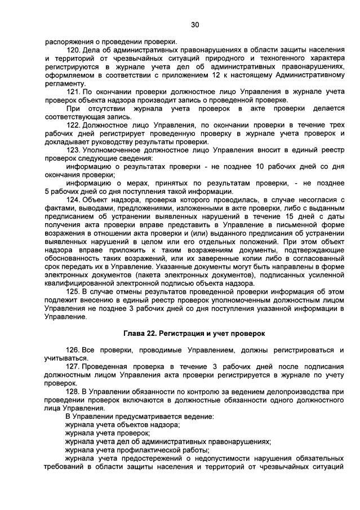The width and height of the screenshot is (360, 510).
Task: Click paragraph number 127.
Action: (x=73, y=366)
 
